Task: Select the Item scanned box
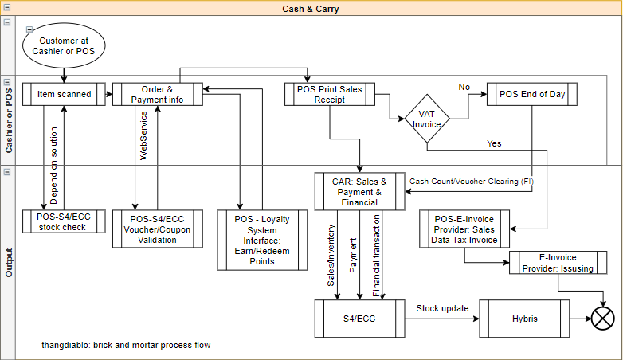[x=65, y=94]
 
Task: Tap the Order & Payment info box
[x=158, y=94]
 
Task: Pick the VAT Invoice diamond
[x=426, y=119]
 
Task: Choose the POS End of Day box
[x=532, y=94]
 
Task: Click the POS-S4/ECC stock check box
[x=65, y=221]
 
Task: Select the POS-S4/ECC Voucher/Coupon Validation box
[x=157, y=229]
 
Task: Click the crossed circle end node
[x=602, y=318]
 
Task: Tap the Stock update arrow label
[x=442, y=307]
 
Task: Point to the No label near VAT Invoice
[x=464, y=86]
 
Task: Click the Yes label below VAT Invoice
[x=494, y=143]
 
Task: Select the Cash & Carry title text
[x=311, y=9]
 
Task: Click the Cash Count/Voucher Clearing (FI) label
[x=471, y=182]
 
